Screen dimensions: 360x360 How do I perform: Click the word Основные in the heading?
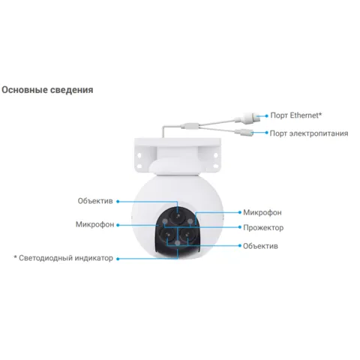coord(25,90)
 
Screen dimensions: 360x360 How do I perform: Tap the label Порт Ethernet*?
coord(296,115)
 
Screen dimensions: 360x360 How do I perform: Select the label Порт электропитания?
coord(309,133)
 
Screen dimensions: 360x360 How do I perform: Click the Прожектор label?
coord(263,228)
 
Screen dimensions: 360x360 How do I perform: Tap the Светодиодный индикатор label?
coord(64,258)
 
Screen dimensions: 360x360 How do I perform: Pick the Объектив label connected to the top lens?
coord(95,201)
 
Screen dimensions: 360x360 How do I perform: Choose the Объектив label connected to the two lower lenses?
coord(260,246)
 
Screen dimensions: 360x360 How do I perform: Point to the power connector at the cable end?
coord(244,132)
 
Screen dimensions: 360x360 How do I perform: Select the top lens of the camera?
coord(178,216)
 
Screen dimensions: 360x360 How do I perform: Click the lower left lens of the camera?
coord(167,235)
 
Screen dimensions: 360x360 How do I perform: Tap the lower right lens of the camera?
coord(187,235)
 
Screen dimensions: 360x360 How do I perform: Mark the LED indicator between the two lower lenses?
coord(178,243)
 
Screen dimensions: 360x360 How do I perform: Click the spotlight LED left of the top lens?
coord(165,221)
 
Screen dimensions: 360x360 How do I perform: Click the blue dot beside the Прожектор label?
coord(240,227)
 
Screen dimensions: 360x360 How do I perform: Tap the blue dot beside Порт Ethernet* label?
coord(266,115)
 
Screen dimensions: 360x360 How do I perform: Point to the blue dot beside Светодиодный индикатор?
coord(118,259)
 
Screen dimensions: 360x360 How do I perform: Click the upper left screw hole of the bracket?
coord(139,155)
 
